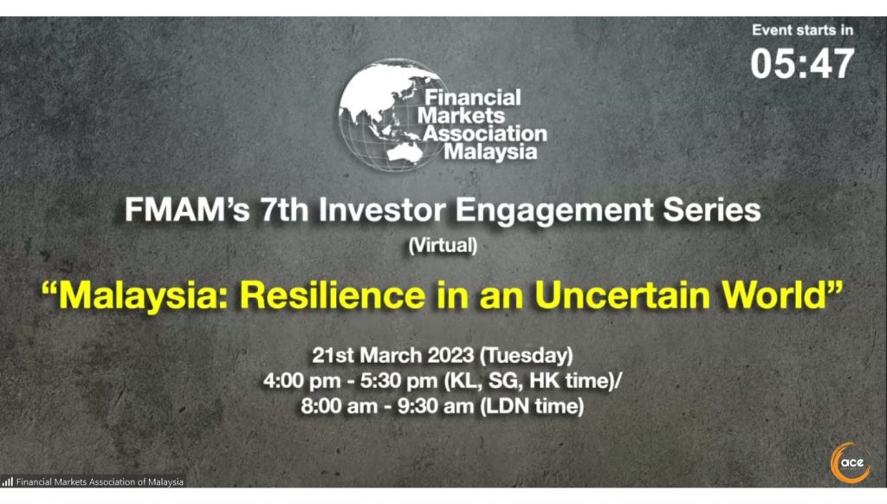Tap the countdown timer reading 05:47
pyautogui.click(x=802, y=64)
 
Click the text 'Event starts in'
pyautogui.click(x=802, y=29)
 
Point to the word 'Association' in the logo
pyautogui.click(x=484, y=134)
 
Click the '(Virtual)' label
pyautogui.click(x=442, y=245)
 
